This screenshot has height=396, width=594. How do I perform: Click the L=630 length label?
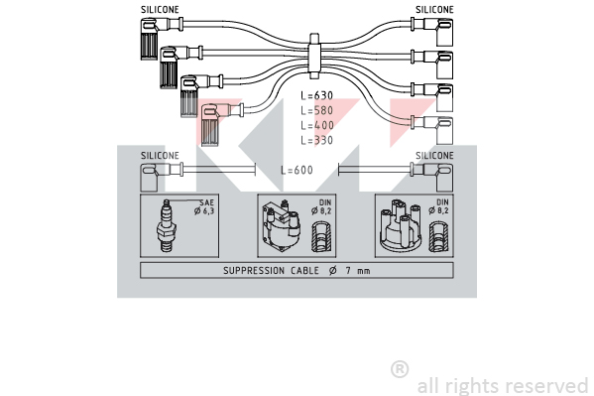coord(316,95)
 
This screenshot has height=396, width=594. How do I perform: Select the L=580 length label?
coord(316,110)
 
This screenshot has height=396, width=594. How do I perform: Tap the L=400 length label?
coord(317,125)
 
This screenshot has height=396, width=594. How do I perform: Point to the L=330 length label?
coord(316,140)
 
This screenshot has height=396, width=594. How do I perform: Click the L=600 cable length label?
coord(297,170)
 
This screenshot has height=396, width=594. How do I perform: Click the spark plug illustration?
coord(166,225)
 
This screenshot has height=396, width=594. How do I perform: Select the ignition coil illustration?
coord(281,226)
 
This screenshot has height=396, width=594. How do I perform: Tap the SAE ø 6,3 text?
coord(204,207)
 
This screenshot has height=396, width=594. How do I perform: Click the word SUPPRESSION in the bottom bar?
coord(254,270)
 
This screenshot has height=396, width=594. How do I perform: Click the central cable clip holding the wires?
coord(314,57)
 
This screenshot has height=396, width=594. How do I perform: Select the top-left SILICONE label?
coord(160,10)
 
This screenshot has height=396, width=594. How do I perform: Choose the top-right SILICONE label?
coord(434,10)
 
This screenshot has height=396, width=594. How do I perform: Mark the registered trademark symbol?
coord(400,369)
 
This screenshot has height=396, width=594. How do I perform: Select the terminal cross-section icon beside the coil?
coord(321,237)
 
